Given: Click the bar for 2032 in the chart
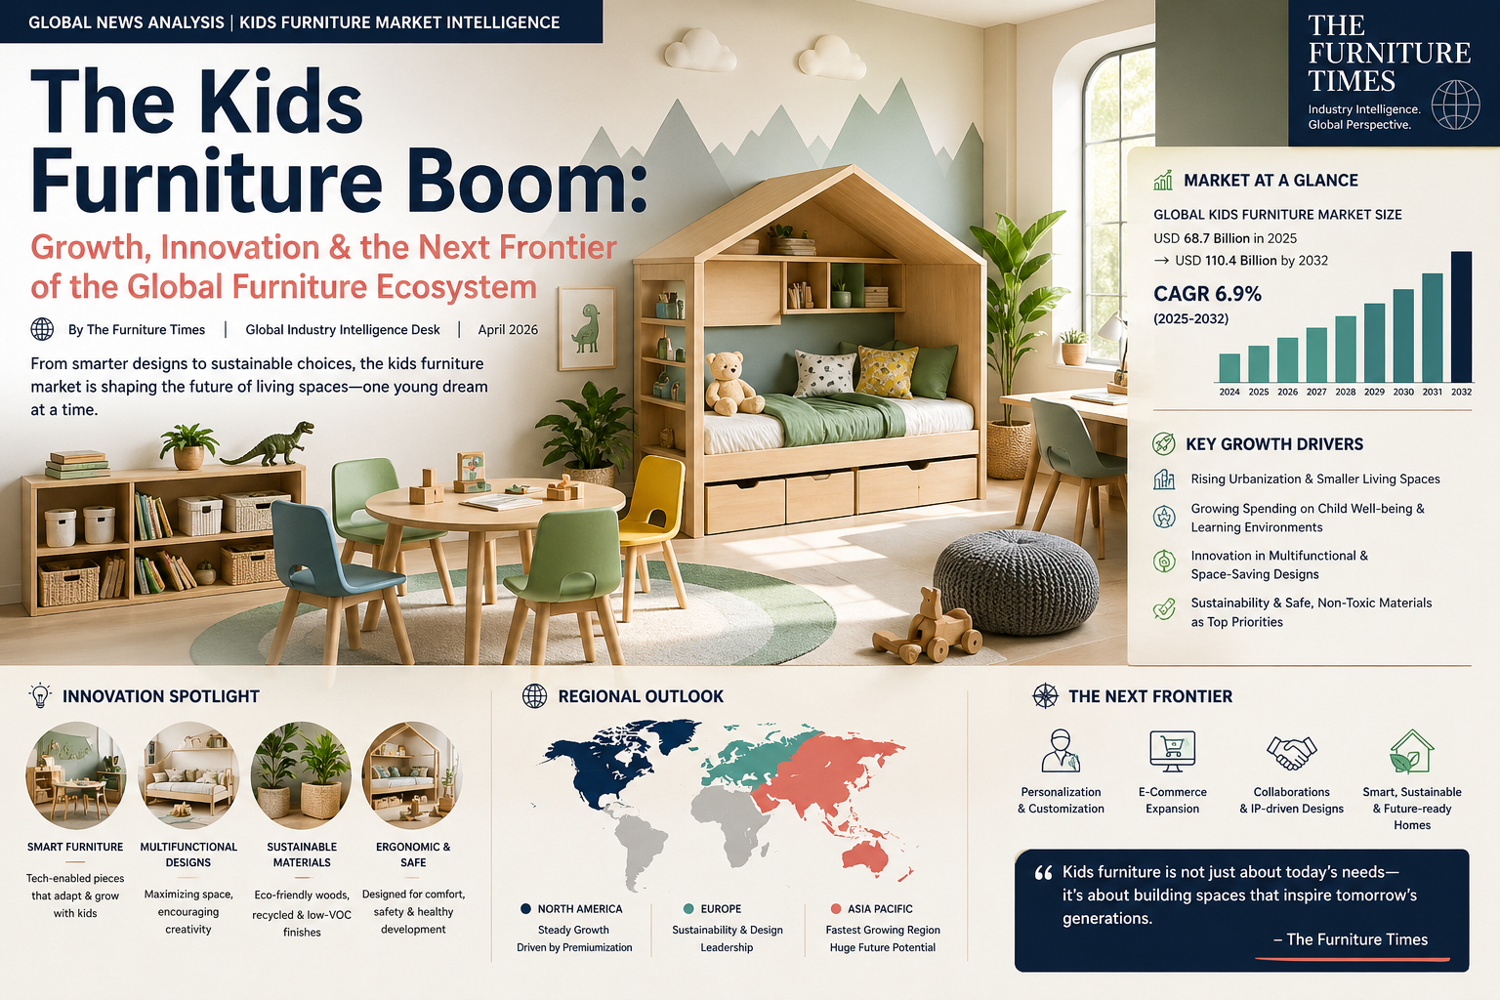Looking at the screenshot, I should click(1461, 316).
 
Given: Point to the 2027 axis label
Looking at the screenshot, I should click(1316, 392).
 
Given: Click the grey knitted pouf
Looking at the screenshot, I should click(1016, 582).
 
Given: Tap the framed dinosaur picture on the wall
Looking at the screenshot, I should click(586, 328).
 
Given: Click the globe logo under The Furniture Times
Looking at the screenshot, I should click(1455, 105).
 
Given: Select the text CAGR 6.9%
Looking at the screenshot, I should click(1207, 294).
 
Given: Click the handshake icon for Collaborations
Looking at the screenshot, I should click(1291, 752).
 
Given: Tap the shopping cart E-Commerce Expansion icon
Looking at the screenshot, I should click(1172, 751).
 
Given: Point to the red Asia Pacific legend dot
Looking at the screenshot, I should click(835, 908).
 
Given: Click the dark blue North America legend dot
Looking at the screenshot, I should click(526, 908).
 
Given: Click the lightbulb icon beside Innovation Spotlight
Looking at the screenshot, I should click(40, 695).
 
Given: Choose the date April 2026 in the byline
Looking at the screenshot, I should click(508, 330).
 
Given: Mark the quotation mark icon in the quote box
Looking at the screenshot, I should click(1043, 873).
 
